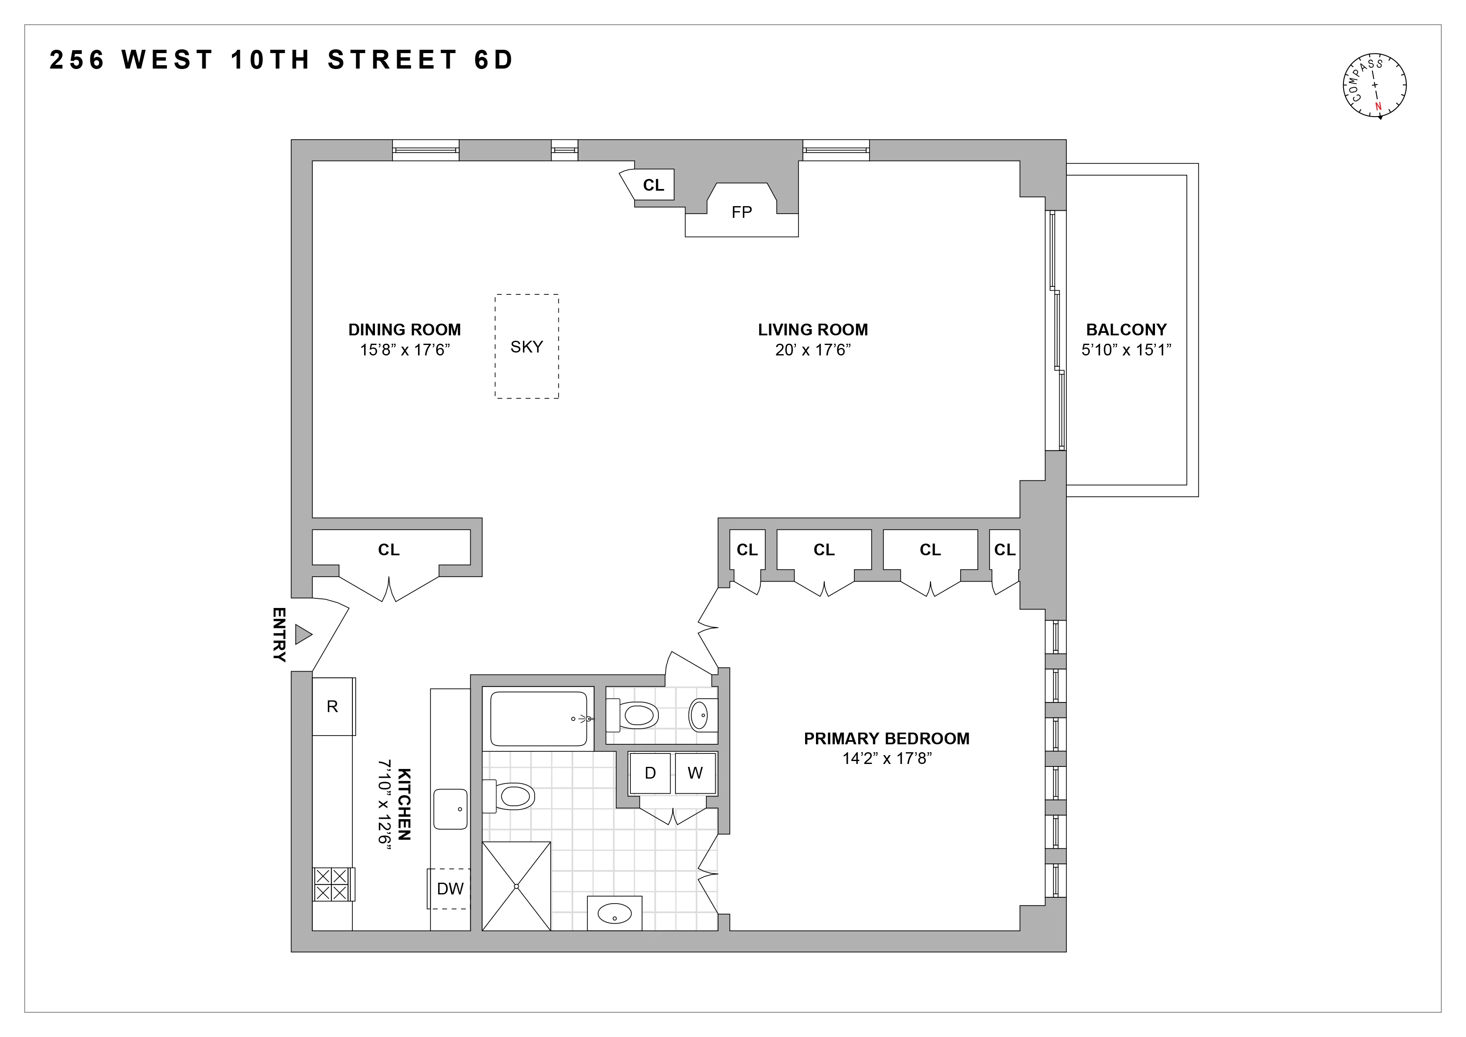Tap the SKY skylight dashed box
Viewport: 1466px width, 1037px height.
(x=526, y=346)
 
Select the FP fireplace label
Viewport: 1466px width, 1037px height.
(x=741, y=212)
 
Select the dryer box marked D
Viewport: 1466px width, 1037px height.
(x=650, y=773)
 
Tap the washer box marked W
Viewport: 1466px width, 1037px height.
(x=695, y=773)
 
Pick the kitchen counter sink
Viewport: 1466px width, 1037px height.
(x=450, y=809)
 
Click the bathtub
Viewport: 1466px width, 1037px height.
(x=538, y=719)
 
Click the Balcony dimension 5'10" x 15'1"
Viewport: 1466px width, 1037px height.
(x=1126, y=350)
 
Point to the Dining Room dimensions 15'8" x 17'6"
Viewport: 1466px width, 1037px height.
(x=405, y=350)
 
